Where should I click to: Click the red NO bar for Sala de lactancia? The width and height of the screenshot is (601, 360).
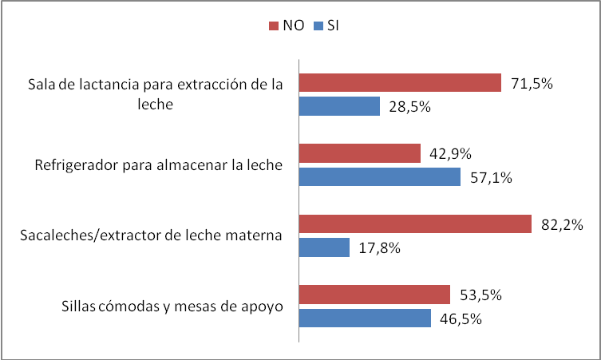click(x=400, y=84)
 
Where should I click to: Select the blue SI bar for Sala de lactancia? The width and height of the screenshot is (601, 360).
click(x=339, y=106)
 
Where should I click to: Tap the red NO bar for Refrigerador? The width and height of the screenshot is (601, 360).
click(x=360, y=153)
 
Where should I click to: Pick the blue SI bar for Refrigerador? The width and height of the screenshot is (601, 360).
click(x=380, y=176)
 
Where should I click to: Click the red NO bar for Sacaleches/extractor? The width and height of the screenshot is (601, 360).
click(x=415, y=224)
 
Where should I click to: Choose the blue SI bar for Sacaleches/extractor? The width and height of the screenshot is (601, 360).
click(x=324, y=247)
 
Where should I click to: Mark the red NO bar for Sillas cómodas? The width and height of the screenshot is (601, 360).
click(x=375, y=295)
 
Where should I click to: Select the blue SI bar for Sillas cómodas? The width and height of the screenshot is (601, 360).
click(x=366, y=318)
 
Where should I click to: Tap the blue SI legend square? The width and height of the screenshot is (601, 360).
click(x=317, y=26)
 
